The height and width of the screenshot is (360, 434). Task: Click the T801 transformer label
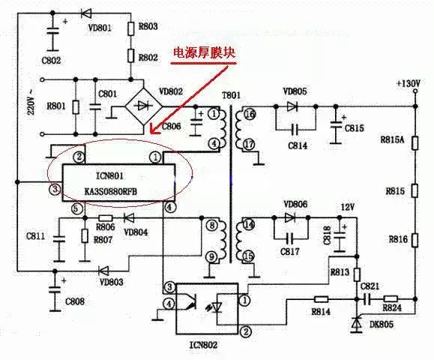click(x=231, y=97)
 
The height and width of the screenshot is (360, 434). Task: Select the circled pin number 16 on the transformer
click(x=250, y=113)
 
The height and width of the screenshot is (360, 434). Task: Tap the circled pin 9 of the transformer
click(x=212, y=256)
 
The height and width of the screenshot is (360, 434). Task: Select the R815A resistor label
click(x=392, y=139)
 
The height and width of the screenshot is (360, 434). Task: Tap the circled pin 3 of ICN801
click(x=53, y=189)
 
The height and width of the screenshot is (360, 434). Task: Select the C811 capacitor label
click(x=34, y=235)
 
